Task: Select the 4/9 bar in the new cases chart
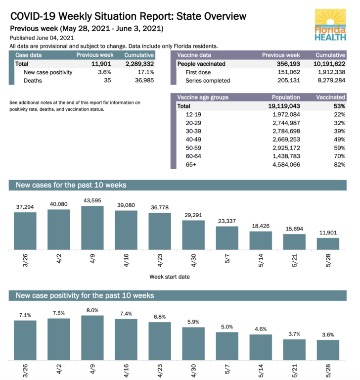(92, 228)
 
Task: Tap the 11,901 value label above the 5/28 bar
(328, 233)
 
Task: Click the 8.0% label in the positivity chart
(92, 310)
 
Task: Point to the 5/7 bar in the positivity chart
(227, 346)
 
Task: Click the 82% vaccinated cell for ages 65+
(339, 165)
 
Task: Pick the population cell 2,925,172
(283, 148)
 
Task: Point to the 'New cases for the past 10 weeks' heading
(71, 186)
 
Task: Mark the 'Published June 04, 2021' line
(42, 38)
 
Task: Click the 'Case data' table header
(29, 55)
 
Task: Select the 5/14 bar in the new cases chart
(261, 240)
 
